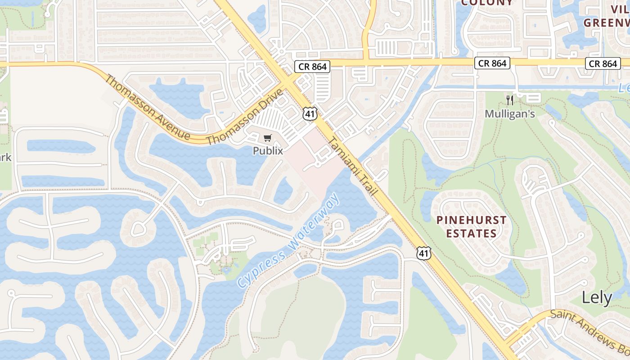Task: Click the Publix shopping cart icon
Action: coord(268,138)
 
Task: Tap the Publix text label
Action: coord(268,151)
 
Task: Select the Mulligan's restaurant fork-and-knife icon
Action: coord(509,100)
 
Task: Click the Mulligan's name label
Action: coord(509,114)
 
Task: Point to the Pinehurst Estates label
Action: coord(471,227)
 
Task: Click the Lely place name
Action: coord(597,297)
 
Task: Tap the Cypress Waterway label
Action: coord(288,241)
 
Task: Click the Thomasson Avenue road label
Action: coord(147,107)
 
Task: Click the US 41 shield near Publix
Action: coord(310,113)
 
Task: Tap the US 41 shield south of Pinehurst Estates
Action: coord(423,253)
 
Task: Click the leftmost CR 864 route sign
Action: coord(313,67)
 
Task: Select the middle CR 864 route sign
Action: coord(492,63)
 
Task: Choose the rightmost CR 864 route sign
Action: coord(603,63)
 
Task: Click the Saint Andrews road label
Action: coord(589,328)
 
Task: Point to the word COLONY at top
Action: coord(487,3)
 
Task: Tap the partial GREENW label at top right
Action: coord(607,22)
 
